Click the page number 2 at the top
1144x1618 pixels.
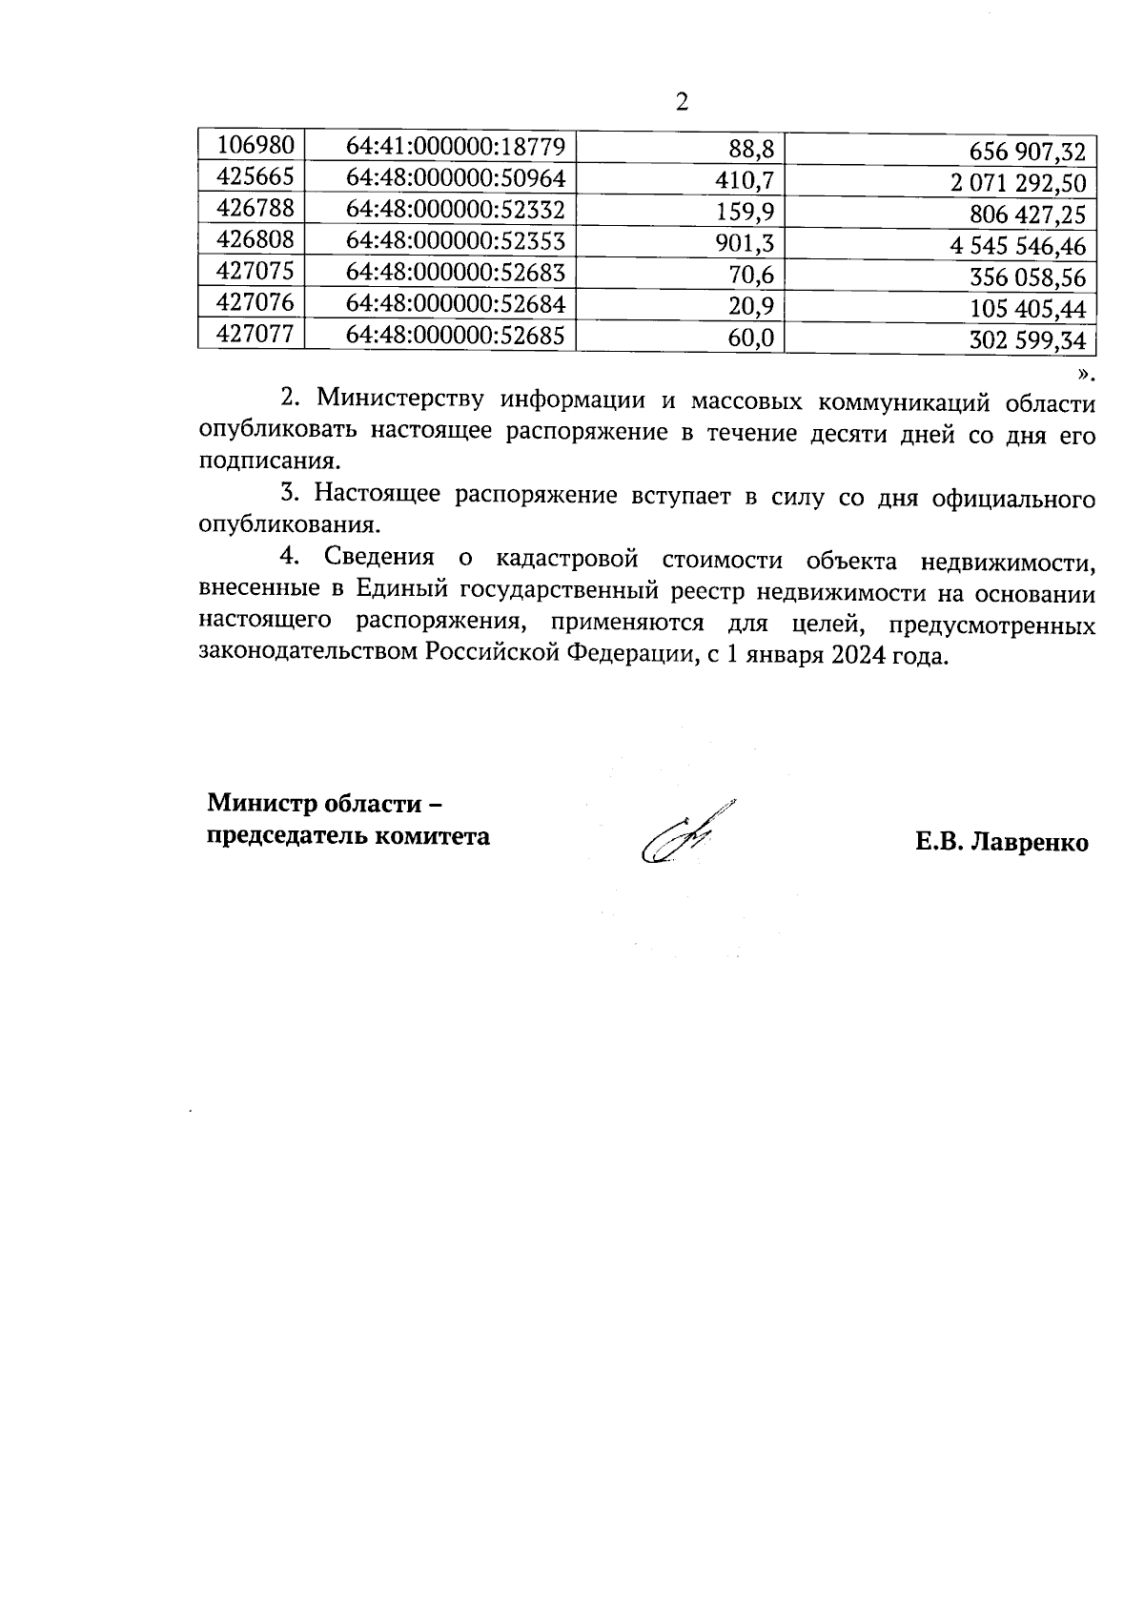(x=681, y=102)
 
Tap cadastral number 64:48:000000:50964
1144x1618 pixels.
(x=456, y=178)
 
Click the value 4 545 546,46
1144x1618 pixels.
(x=1018, y=247)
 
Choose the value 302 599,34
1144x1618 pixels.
(x=1027, y=340)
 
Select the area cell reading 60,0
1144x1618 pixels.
(x=753, y=338)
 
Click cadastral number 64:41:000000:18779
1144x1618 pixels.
(x=456, y=147)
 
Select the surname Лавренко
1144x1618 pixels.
(x=1029, y=843)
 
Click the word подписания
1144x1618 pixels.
(x=269, y=461)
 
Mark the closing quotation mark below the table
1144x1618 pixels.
(x=1086, y=372)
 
